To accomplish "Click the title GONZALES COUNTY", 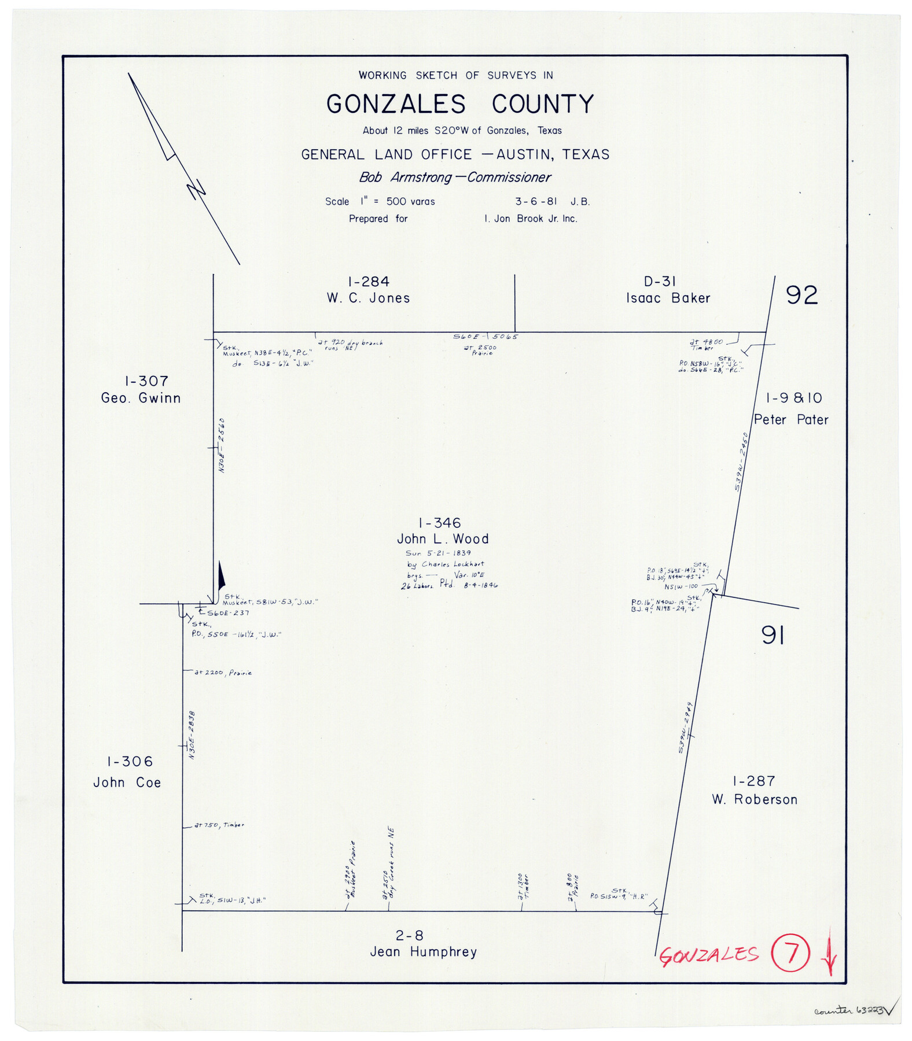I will click(460, 105).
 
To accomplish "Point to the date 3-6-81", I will click(536, 202).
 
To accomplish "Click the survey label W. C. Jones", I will click(368, 298).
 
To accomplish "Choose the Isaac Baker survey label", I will click(668, 298).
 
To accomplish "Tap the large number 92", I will click(801, 296).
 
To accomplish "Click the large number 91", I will click(773, 636).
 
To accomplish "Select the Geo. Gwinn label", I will click(141, 398).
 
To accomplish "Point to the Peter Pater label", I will click(790, 420).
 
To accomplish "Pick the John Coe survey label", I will click(127, 782).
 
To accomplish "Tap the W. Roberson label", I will click(755, 800).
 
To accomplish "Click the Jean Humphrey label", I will click(423, 952).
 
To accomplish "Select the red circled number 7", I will click(790, 954).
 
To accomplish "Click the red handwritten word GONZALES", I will click(708, 955).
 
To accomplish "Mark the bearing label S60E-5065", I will click(485, 337).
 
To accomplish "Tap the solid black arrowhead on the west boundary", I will click(221, 577).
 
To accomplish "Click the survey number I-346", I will click(439, 523).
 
